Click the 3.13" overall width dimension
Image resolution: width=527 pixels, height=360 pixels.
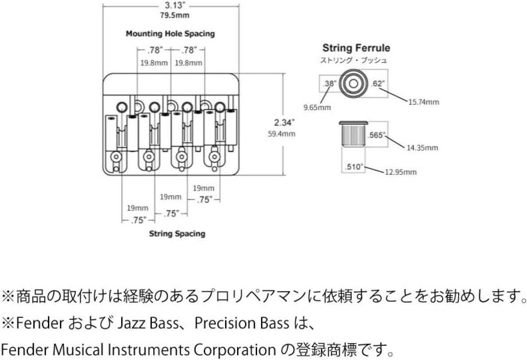pyautogui.click(x=170, y=6)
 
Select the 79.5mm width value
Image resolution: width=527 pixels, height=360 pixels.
pyautogui.click(x=170, y=16)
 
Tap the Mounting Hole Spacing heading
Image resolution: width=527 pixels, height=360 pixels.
pyautogui.click(x=170, y=34)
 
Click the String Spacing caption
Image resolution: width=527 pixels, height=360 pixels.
pyautogui.click(x=177, y=233)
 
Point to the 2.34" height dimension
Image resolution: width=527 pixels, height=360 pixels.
pyautogui.click(x=284, y=123)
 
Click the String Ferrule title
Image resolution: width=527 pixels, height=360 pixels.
pyautogui.click(x=357, y=48)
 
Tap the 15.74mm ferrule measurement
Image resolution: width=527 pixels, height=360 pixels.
pyautogui.click(x=424, y=102)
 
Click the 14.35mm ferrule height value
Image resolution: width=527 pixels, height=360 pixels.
pyautogui.click(x=423, y=147)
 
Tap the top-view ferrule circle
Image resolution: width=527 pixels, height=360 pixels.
pyautogui.click(x=353, y=83)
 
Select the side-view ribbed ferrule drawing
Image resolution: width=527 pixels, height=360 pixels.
pyautogui.click(x=353, y=135)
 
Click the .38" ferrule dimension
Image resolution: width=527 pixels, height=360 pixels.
pyautogui.click(x=329, y=83)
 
